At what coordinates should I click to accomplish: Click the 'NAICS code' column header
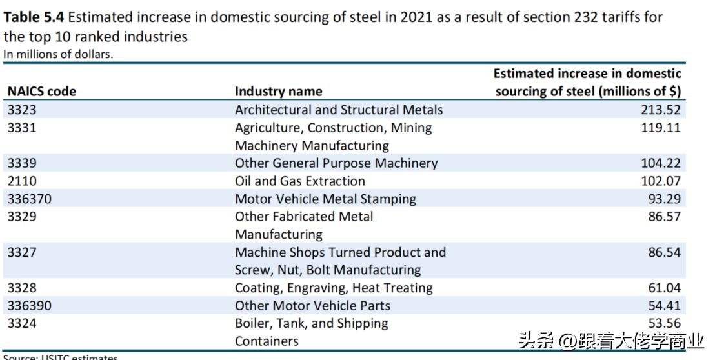(41, 92)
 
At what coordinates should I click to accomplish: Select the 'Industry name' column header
(278, 92)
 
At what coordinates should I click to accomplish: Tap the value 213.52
(660, 110)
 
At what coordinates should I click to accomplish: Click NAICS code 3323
(22, 110)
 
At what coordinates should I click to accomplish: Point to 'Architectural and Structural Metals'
(339, 110)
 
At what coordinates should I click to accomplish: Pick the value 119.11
(660, 128)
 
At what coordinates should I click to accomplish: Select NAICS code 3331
(22, 128)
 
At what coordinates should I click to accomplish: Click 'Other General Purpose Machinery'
(336, 163)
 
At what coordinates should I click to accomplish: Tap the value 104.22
(660, 163)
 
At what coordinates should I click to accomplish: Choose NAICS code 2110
(22, 181)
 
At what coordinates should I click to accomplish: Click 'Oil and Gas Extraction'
(299, 181)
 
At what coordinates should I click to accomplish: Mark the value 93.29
(664, 199)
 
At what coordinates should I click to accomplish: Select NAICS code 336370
(30, 199)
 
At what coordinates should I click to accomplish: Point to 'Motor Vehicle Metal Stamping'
(325, 199)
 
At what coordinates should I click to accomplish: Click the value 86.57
(664, 217)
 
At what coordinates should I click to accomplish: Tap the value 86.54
(664, 252)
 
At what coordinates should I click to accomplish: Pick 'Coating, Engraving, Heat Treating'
(334, 288)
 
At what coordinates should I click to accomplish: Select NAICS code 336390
(30, 306)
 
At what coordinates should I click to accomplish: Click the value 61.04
(664, 288)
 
